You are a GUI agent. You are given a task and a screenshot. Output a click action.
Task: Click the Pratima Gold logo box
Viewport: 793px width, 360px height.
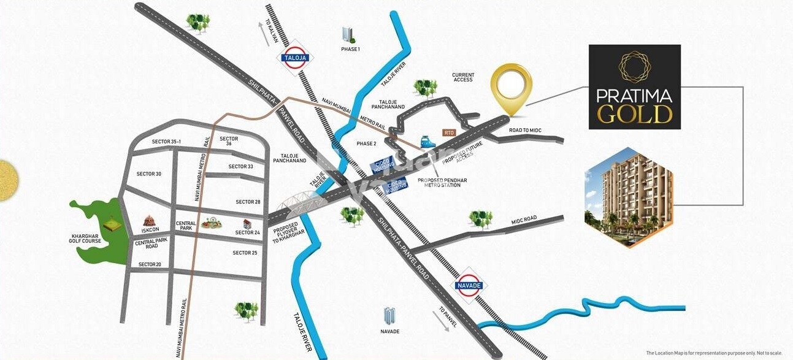pyautogui.click(x=634, y=86)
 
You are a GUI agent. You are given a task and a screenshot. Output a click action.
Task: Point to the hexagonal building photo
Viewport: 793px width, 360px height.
pyautogui.click(x=629, y=197)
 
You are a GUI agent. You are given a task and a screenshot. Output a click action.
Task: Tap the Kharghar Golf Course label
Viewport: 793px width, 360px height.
pyautogui.click(x=86, y=238)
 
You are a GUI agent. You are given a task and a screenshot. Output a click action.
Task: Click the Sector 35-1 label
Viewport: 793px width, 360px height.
pyautogui.click(x=167, y=142)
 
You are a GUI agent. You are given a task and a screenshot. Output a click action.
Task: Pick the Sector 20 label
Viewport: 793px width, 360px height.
pyautogui.click(x=150, y=264)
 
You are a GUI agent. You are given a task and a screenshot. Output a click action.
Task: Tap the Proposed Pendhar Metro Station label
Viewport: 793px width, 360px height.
pyautogui.click(x=439, y=182)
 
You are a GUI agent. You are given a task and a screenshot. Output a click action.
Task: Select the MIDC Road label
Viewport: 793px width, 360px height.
pyautogui.click(x=524, y=219)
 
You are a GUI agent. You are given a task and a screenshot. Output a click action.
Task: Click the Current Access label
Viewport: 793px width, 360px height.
pyautogui.click(x=463, y=77)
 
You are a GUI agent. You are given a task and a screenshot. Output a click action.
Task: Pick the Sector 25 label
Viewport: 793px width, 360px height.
pyautogui.click(x=245, y=253)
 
